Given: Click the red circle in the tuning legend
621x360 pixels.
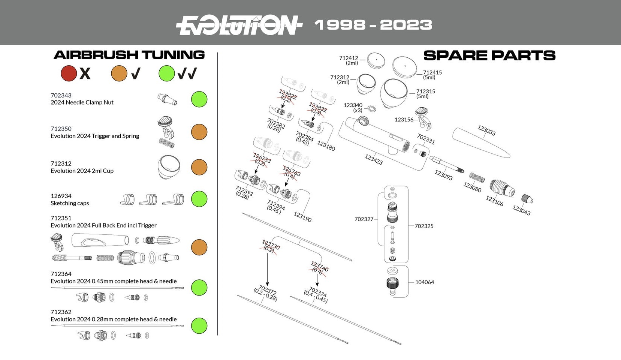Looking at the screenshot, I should (69, 73).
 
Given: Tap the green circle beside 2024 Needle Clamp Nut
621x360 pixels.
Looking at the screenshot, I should (199, 99).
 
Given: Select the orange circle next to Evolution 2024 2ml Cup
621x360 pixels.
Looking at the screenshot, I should (199, 167).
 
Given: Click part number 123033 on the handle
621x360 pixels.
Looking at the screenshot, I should (486, 130).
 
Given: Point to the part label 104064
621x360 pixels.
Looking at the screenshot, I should (424, 282).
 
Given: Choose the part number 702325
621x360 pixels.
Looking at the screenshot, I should (424, 226).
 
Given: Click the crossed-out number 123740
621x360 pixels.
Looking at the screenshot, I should (319, 267).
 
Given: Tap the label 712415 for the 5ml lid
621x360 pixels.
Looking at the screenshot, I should (432, 73).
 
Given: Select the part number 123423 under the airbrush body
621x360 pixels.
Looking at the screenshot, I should (373, 159).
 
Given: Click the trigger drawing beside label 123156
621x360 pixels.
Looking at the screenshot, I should (423, 117).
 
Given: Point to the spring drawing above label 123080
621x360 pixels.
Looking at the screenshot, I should (477, 177).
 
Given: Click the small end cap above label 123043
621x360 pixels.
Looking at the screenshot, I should (527, 199).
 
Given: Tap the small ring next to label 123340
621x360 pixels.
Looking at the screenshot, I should (371, 109).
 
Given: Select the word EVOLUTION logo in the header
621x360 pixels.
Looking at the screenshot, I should (239, 25).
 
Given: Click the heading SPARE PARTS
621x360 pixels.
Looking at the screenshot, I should (489, 56).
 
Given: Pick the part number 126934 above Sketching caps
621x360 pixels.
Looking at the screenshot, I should (61, 196).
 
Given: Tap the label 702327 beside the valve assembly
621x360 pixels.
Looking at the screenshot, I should (364, 219).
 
